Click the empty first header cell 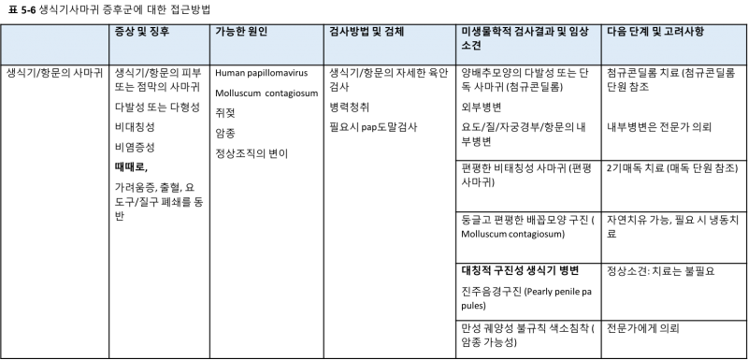point(55,44)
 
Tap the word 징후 point(160,32)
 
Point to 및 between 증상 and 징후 point(143,32)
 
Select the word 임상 point(582,32)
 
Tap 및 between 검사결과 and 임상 point(563,32)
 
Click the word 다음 point(617,32)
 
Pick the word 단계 point(643,32)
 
